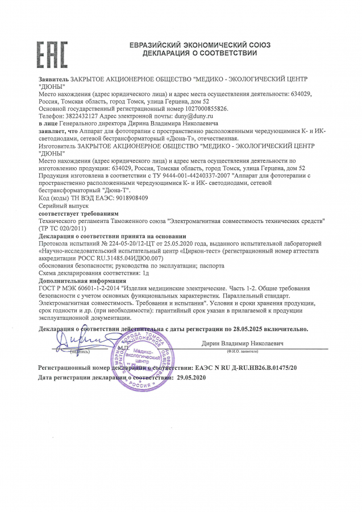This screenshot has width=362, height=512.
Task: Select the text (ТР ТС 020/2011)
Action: tap(61, 228)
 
